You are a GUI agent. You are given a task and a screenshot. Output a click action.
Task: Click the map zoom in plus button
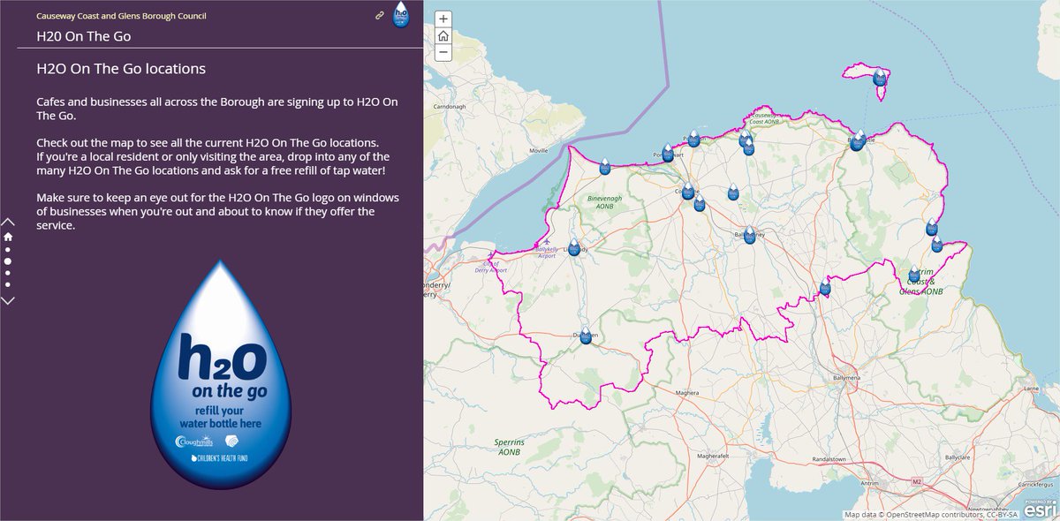443,19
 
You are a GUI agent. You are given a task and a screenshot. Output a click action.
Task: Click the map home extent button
443,36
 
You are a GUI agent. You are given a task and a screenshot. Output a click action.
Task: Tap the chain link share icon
380,15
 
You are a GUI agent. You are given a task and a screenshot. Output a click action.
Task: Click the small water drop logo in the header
402,14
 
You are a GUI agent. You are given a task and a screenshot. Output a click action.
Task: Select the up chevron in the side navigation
8,222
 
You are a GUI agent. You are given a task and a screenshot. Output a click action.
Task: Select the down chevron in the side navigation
8,300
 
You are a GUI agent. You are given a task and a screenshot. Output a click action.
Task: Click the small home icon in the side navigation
8,237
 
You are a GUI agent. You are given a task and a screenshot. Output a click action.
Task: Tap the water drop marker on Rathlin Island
880,78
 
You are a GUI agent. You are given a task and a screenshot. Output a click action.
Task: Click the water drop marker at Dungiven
586,335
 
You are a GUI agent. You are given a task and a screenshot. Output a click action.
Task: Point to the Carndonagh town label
449,106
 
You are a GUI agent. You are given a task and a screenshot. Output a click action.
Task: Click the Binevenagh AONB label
605,202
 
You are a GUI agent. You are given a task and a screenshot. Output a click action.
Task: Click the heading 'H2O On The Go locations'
121,68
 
